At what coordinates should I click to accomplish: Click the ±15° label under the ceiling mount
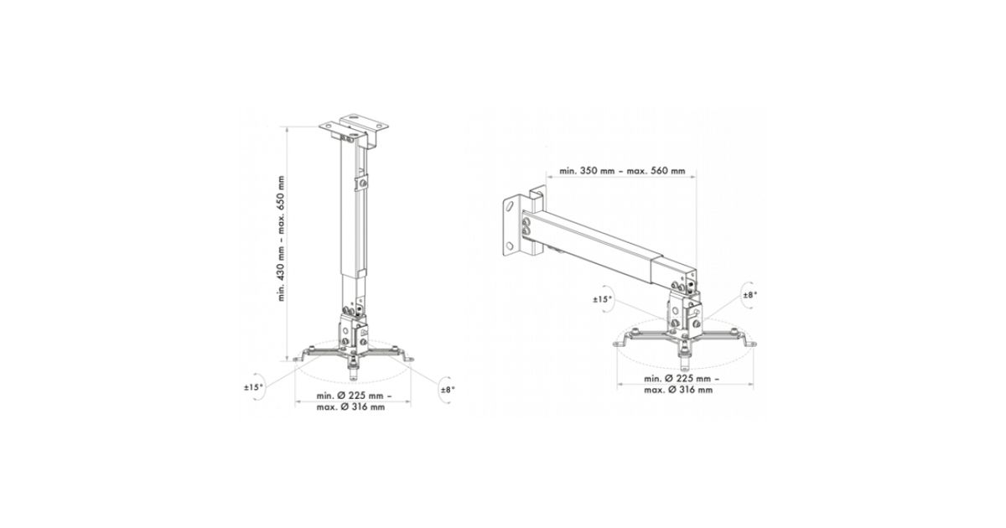[253, 386]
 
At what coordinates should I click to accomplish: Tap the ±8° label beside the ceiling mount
[448, 390]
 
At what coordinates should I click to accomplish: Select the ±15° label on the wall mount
[603, 299]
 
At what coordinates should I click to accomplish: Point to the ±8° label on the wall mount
[749, 294]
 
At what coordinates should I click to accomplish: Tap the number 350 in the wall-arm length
[589, 171]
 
